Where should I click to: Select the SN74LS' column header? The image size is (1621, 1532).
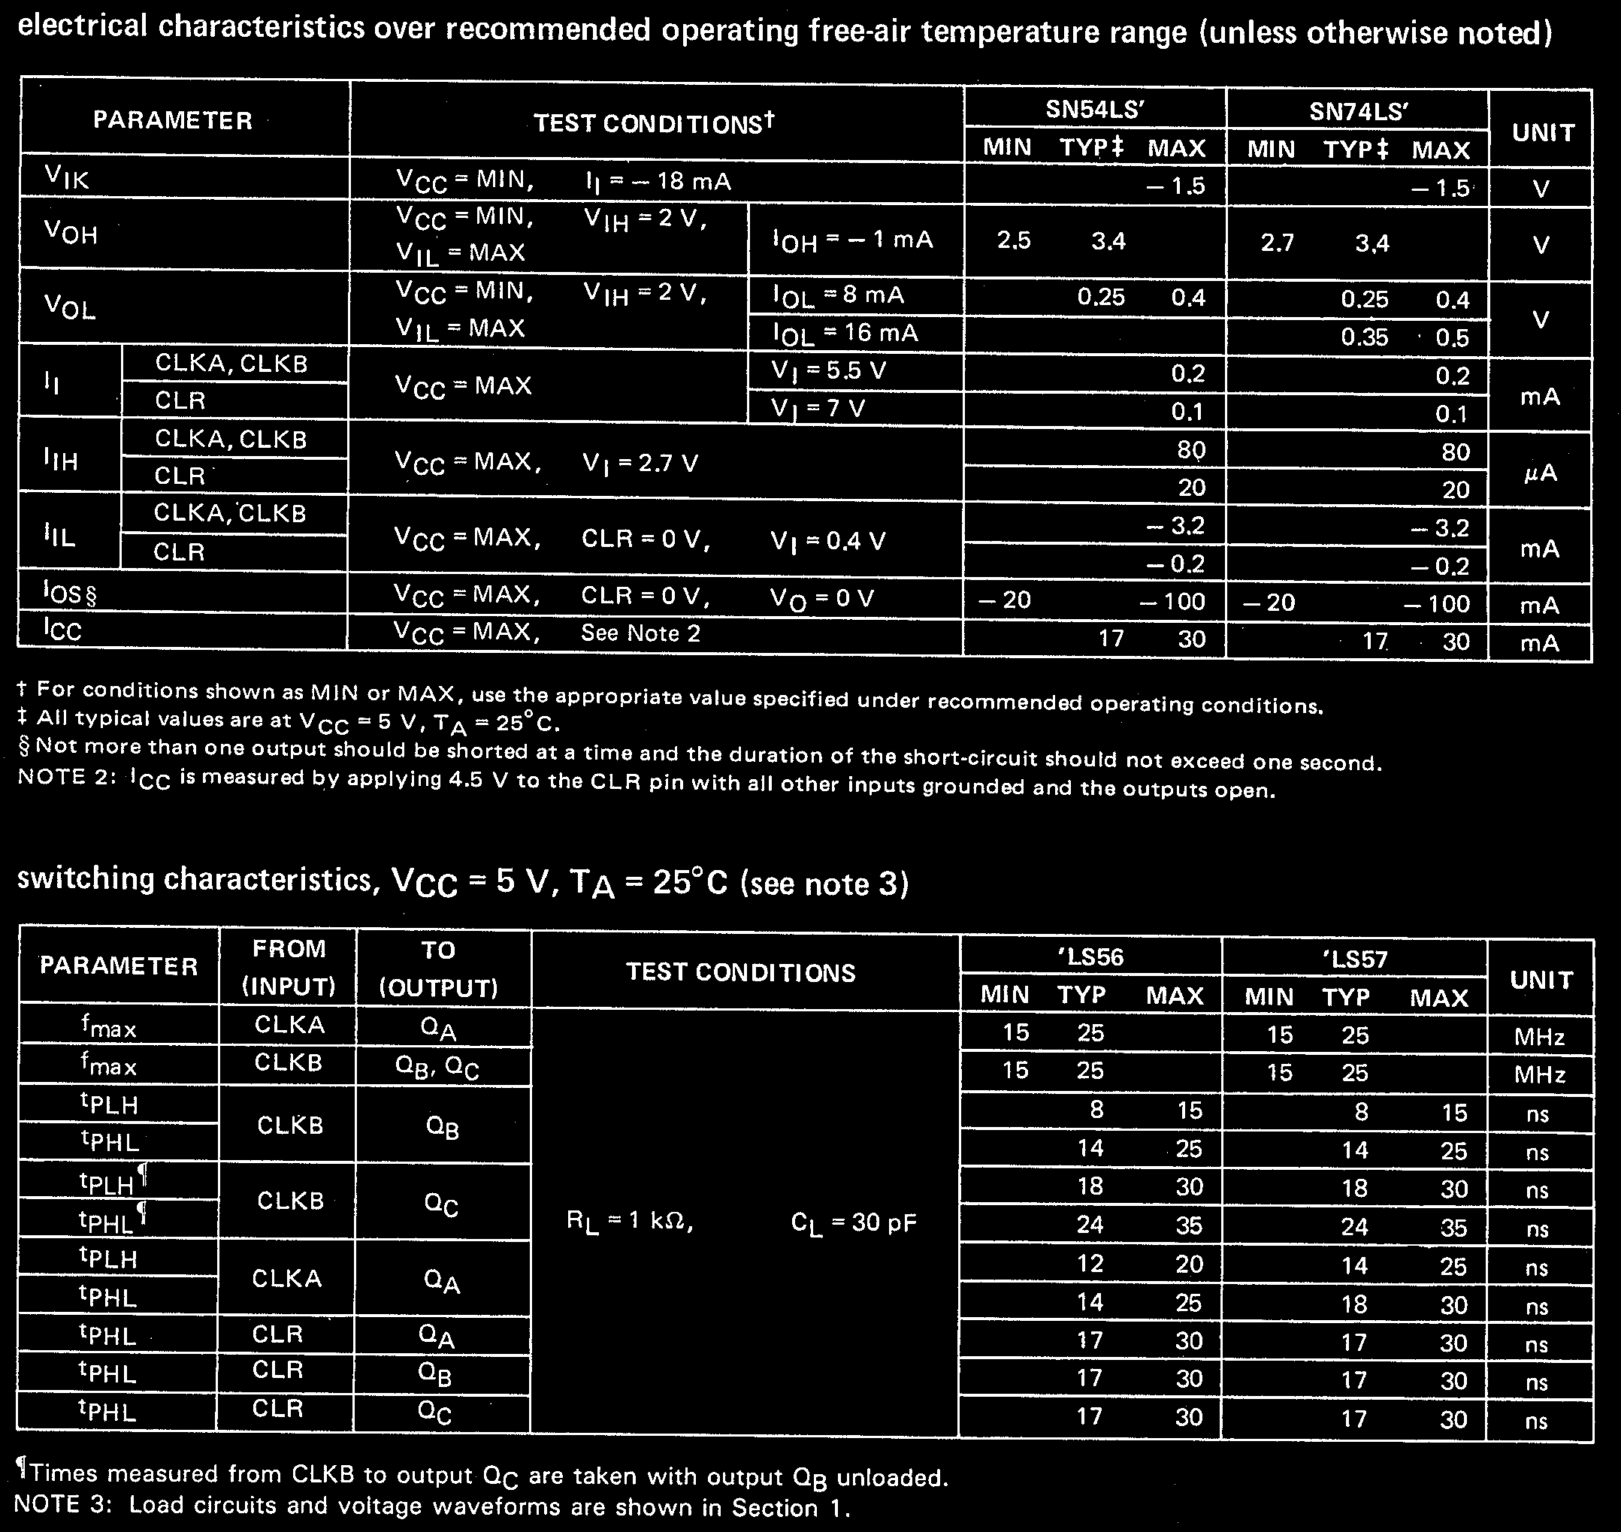point(1358,111)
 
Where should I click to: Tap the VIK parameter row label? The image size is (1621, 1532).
point(66,177)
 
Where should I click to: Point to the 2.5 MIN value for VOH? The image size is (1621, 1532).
point(1014,240)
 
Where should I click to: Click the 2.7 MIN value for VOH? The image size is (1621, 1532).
point(1278,243)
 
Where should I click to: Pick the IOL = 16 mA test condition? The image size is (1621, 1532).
point(845,333)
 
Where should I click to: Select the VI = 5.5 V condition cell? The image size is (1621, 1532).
point(828,372)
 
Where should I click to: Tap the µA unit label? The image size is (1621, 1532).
point(1540,473)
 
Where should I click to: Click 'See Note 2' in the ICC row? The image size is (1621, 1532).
point(640,633)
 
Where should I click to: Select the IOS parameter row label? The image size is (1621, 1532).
point(68,594)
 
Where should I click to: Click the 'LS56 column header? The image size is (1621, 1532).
point(1090,956)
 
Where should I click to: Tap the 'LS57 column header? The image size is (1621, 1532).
point(1355,959)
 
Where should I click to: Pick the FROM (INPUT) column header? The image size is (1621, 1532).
point(289,968)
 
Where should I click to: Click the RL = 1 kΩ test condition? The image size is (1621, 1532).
point(630,1222)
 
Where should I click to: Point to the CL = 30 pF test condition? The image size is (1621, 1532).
point(854,1222)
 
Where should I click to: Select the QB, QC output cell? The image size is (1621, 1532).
point(437,1066)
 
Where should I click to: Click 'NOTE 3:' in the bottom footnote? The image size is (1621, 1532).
point(61,1504)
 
